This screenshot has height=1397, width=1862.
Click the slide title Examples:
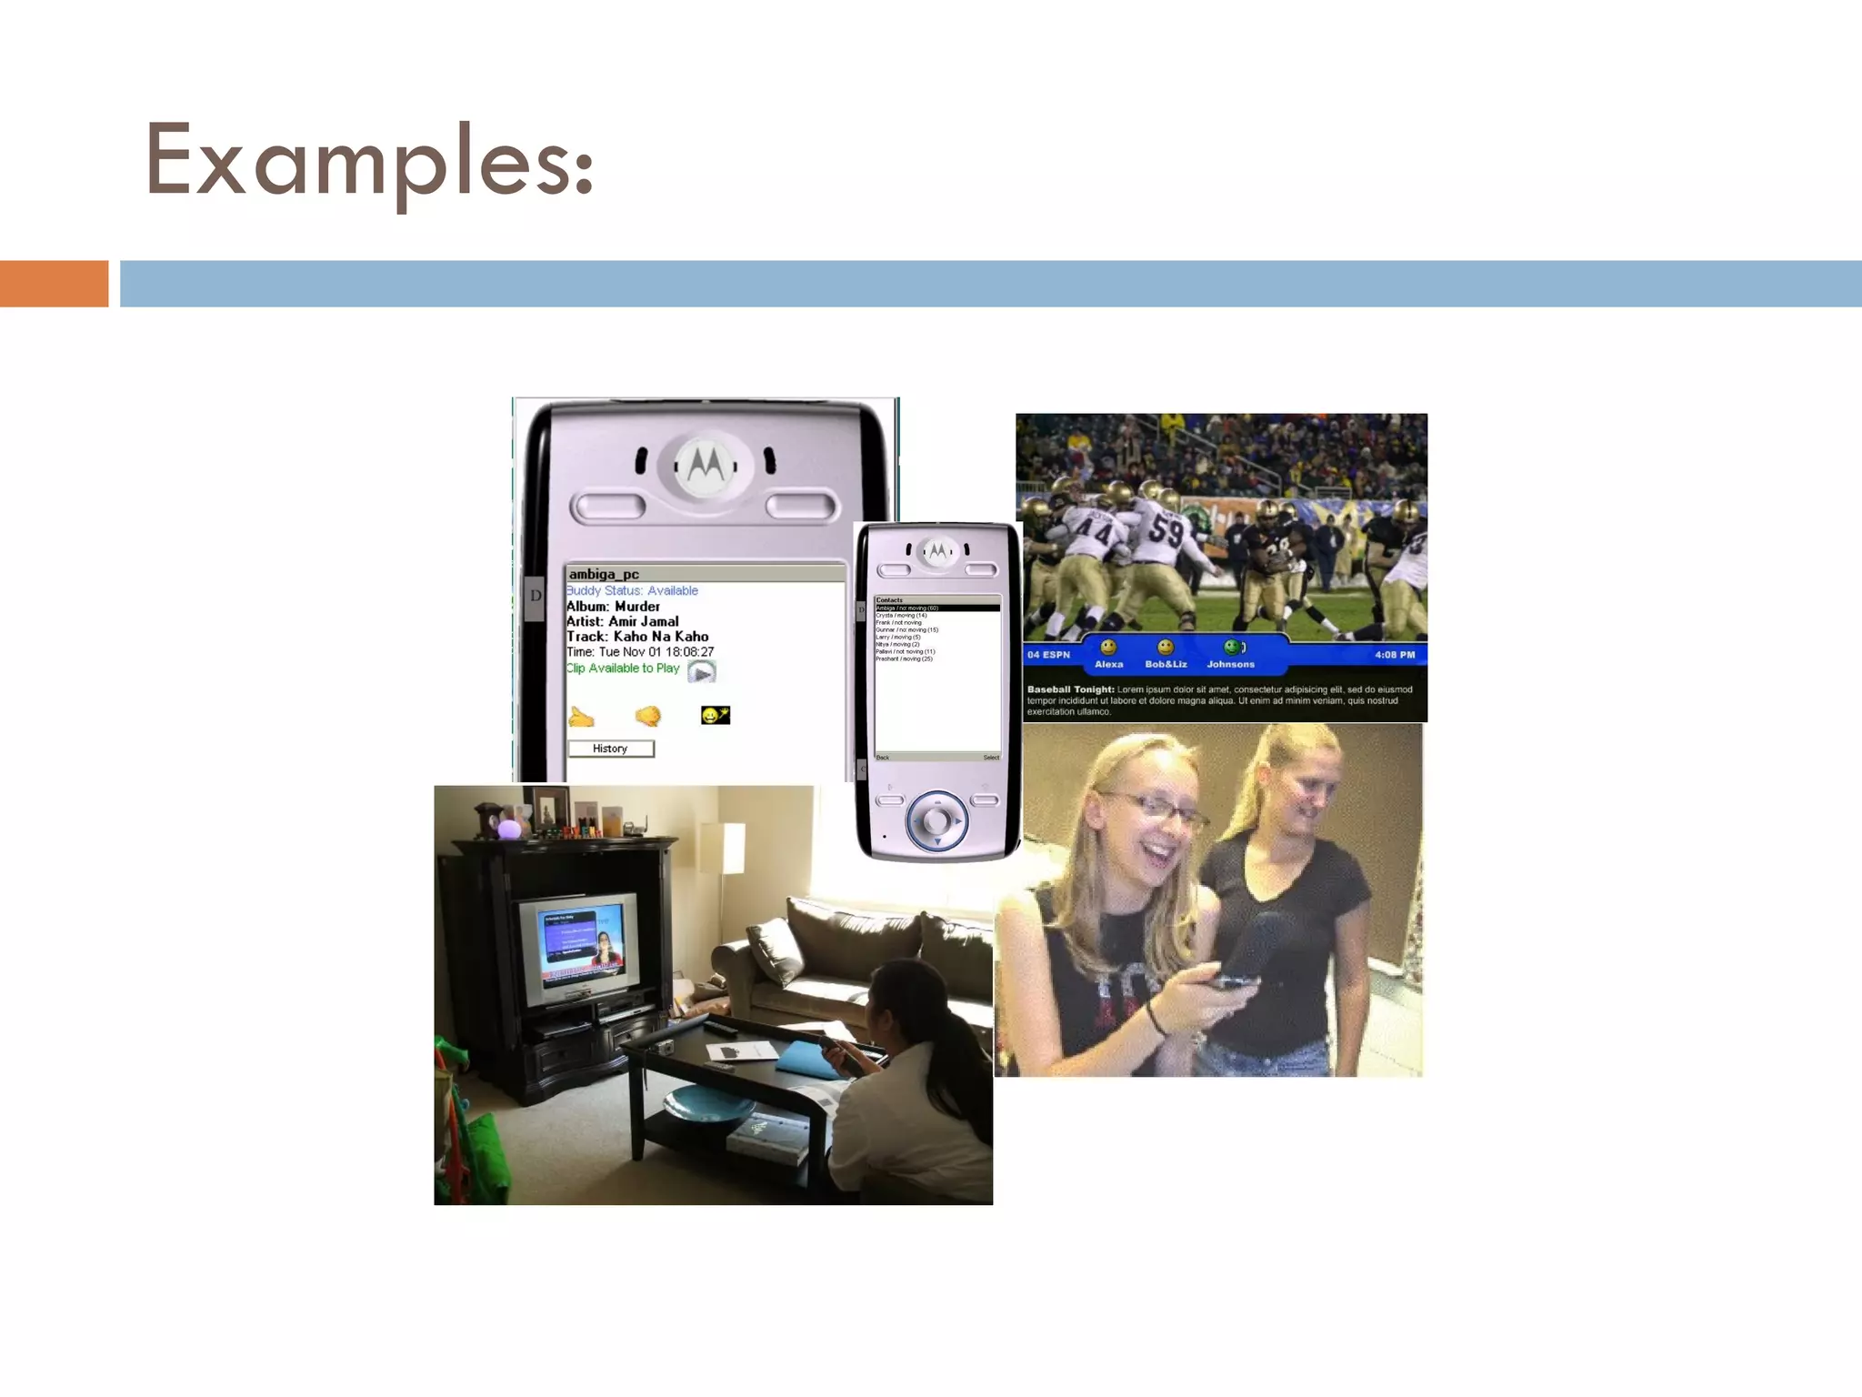pyautogui.click(x=369, y=161)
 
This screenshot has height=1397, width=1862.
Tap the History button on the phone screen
pyautogui.click(x=610, y=749)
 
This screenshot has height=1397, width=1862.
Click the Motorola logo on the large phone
pyautogui.click(x=706, y=465)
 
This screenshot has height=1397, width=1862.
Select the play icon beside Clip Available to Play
pyautogui.click(x=702, y=672)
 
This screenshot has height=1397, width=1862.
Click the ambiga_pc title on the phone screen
pyautogui.click(x=604, y=574)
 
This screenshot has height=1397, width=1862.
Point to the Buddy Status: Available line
pyautogui.click(x=632, y=590)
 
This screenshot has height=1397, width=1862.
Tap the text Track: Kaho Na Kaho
pyautogui.click(x=637, y=637)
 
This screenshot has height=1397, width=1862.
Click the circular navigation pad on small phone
pyautogui.click(x=936, y=820)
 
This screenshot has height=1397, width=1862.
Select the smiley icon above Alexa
pyautogui.click(x=1108, y=648)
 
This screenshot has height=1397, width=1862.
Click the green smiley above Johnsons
pyautogui.click(x=1232, y=648)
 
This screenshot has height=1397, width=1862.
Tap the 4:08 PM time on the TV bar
pyautogui.click(x=1395, y=655)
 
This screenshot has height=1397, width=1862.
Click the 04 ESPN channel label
pyautogui.click(x=1048, y=655)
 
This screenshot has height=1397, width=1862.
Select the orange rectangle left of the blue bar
pyautogui.click(x=54, y=284)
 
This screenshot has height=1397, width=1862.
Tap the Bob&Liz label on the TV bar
pyautogui.click(x=1166, y=665)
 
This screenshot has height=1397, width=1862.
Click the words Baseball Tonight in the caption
pyautogui.click(x=1070, y=689)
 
